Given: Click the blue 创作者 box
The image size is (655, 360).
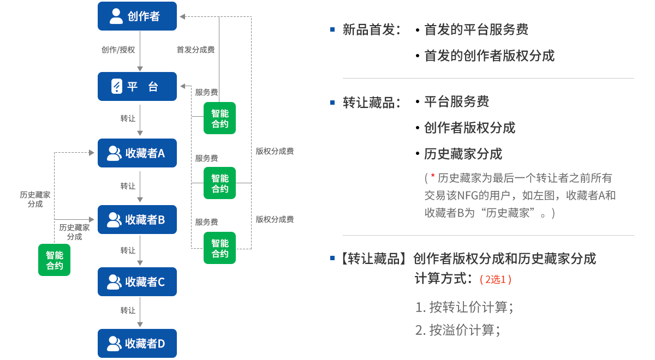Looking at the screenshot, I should point(137,16).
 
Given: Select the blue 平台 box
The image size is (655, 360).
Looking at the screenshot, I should point(137,86).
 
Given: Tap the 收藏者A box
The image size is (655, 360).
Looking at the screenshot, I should point(137,153).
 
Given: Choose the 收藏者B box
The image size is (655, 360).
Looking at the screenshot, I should point(137,220).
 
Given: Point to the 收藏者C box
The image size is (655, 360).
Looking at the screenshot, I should point(137,282).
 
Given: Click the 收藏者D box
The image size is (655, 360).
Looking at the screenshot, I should point(137,344).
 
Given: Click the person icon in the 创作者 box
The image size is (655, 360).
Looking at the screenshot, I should point(116,16).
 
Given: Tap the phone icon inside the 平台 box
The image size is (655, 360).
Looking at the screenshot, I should point(116,86).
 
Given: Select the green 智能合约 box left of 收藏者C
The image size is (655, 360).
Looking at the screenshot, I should point(55,260).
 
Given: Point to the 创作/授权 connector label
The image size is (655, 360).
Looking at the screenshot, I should point(117,50).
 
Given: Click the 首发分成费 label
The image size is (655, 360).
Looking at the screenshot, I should point(195,50).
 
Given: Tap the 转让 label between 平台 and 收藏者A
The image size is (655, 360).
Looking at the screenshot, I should point(128,118).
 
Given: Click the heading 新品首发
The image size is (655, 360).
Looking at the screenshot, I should point(368,30).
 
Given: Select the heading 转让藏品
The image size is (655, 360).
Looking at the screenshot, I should point(368,103).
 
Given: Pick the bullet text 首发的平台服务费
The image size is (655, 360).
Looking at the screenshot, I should point(477,30).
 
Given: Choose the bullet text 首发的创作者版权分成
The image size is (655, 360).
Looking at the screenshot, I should point(489,56).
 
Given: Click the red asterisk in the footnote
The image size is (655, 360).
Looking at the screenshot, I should point(432,177).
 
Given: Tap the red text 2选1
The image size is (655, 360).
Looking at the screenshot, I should point(495,279).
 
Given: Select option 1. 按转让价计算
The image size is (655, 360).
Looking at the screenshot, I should point(464,308).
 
